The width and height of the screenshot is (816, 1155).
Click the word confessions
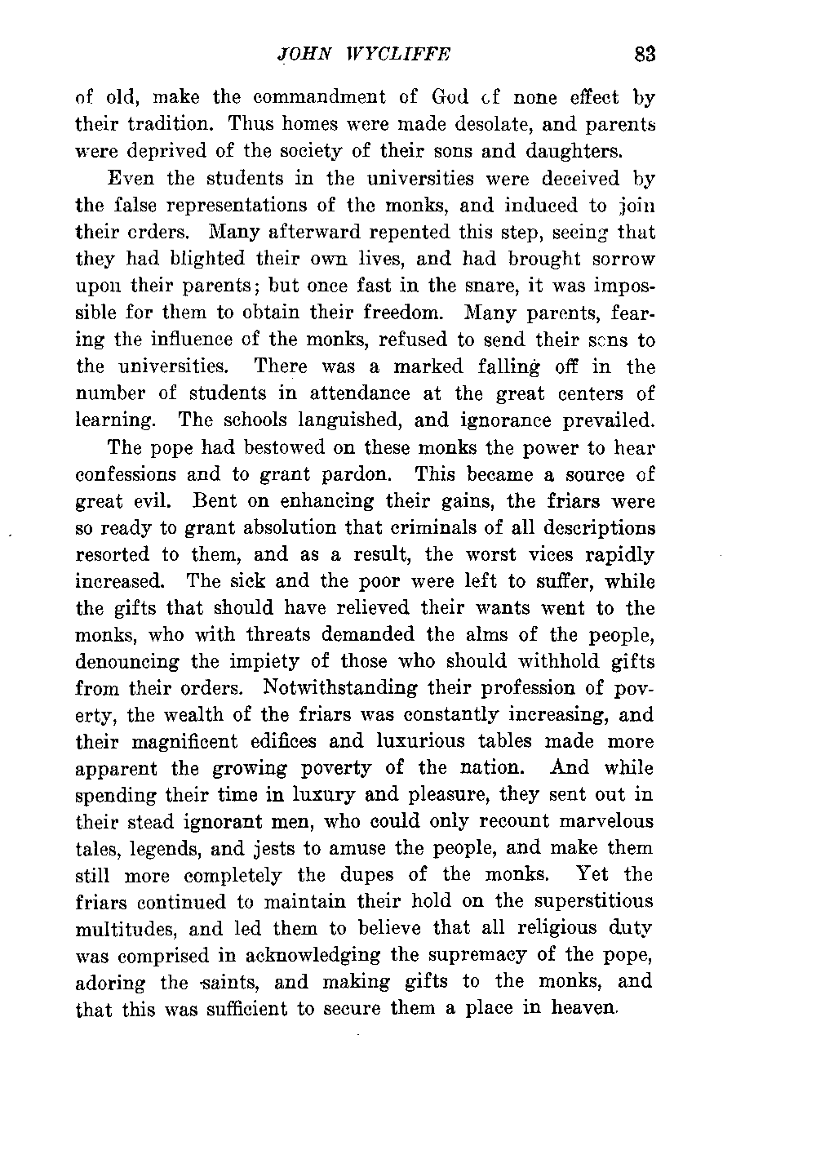pyautogui.click(x=126, y=474)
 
